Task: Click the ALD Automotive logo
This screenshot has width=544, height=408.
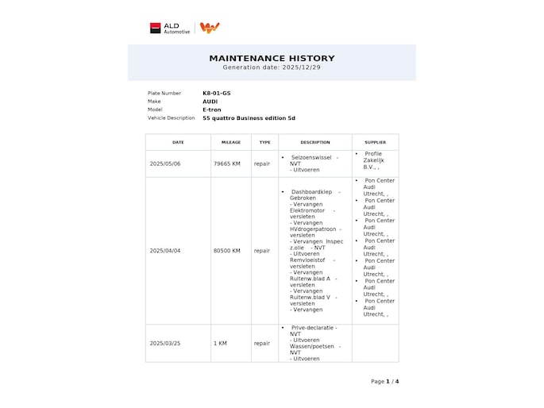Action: (170, 28)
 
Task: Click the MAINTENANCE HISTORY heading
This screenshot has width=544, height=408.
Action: (272, 58)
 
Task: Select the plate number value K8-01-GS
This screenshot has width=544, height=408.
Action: (216, 93)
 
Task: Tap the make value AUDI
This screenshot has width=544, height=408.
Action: (210, 102)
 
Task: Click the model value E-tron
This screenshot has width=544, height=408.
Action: (212, 110)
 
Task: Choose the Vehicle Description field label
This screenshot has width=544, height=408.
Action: (171, 117)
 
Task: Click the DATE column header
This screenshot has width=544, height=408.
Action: (178, 142)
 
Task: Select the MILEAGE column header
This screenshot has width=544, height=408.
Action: (230, 142)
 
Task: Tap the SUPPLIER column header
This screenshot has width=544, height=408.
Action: (375, 142)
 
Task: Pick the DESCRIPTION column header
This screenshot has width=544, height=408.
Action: (314, 142)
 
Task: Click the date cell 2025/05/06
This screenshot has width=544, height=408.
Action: (165, 164)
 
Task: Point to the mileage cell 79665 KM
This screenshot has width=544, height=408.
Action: (228, 164)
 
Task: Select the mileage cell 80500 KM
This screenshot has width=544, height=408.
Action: (228, 251)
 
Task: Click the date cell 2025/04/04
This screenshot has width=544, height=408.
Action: (165, 251)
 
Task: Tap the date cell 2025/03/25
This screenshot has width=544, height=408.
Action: (165, 344)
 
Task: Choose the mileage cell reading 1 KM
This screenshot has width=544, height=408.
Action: (220, 344)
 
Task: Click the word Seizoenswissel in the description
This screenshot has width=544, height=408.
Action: (311, 157)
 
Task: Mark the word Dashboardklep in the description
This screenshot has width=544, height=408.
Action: (312, 192)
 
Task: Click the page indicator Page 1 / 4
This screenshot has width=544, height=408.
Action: (384, 381)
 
